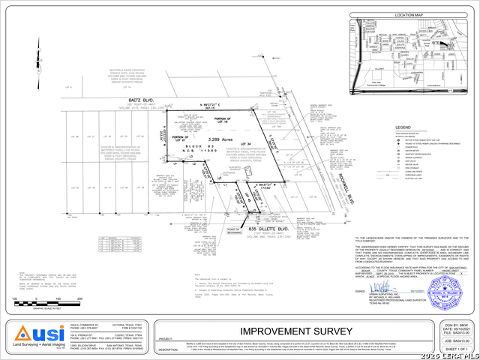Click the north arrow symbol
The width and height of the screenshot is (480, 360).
tap(36, 55)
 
